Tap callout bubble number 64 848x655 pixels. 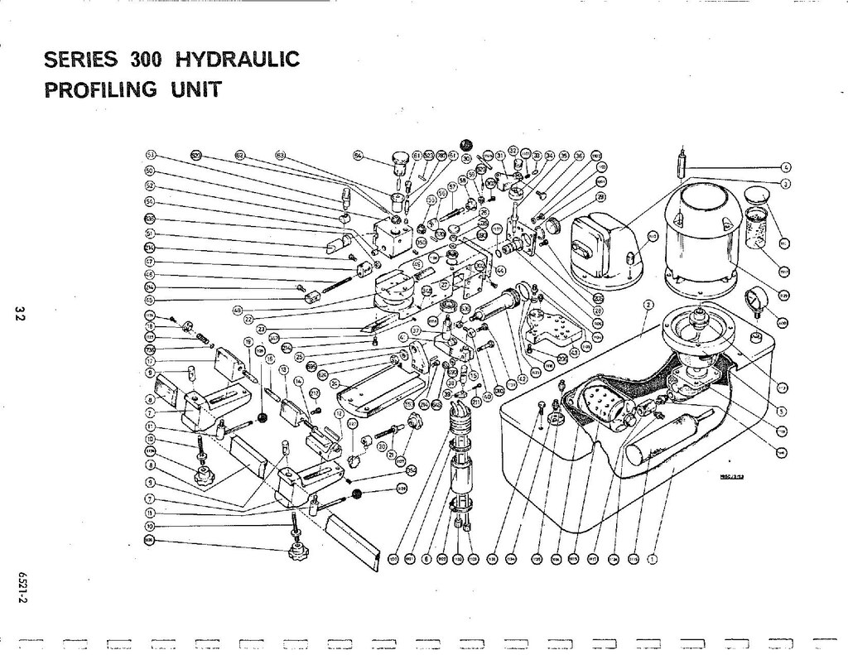358,155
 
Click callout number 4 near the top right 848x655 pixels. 785,167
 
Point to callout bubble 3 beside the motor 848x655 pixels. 785,182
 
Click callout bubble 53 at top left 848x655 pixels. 151,156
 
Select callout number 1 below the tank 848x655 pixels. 652,558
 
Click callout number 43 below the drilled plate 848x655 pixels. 574,353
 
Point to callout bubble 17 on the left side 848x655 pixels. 151,360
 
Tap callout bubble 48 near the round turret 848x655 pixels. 238,311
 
